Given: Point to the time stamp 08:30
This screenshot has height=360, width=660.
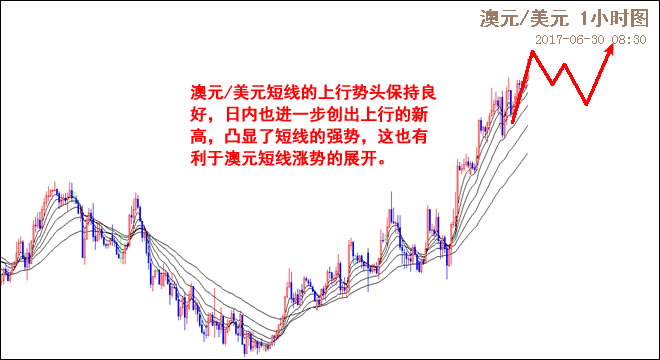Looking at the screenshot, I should [x=627, y=39].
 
